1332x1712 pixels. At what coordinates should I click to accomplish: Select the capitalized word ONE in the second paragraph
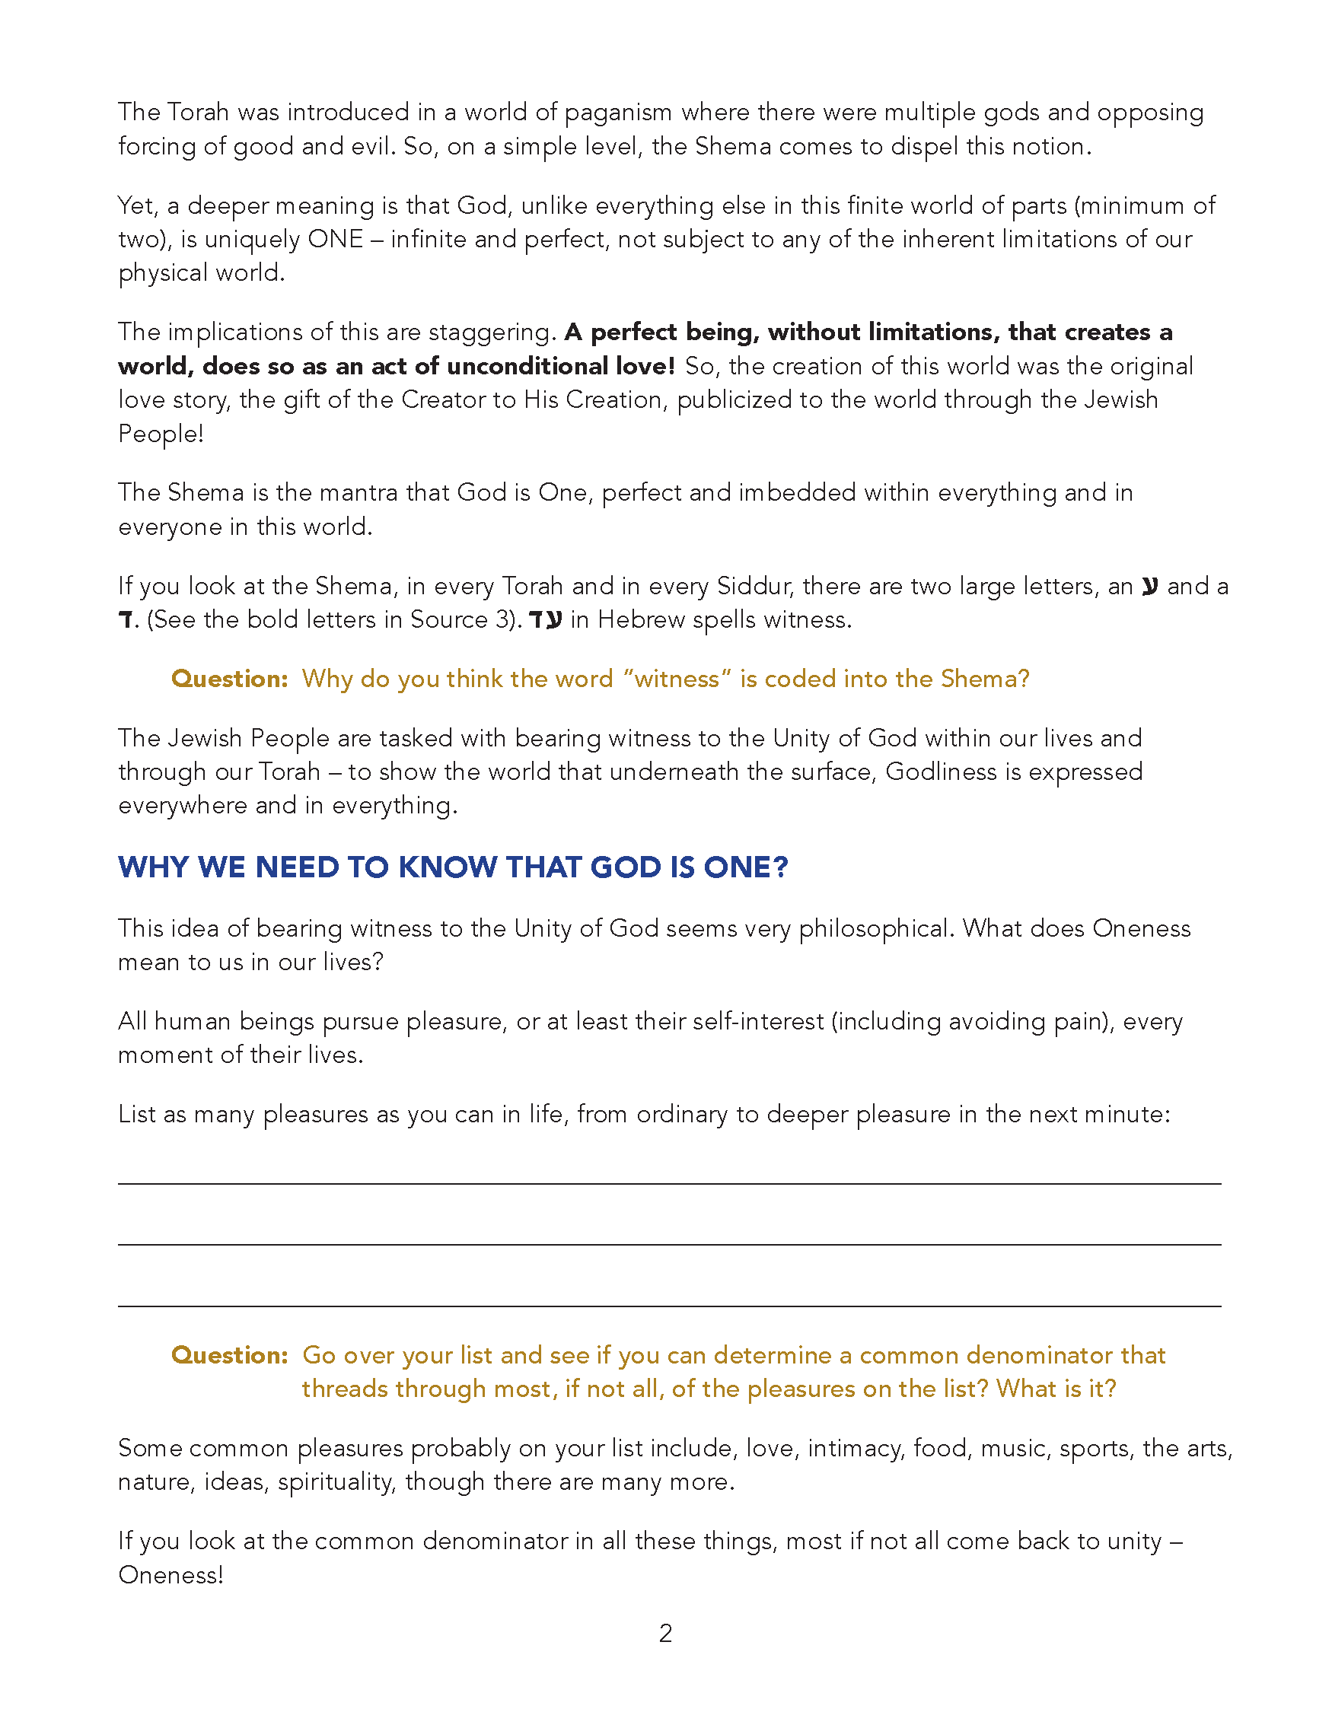336,239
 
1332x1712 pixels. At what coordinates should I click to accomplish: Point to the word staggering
491,333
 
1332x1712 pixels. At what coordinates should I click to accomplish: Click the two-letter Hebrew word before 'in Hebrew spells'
546,620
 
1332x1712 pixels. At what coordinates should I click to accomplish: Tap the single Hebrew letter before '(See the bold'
126,621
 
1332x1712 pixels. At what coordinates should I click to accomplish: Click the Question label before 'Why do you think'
230,679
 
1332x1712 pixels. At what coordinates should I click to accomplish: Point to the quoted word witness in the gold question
677,679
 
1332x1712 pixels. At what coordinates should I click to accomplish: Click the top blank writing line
669,1183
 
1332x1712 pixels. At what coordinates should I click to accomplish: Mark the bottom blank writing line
669,1306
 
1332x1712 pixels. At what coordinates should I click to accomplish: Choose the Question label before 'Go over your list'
230,1355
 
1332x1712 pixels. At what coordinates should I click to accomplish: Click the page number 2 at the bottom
665,1634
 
